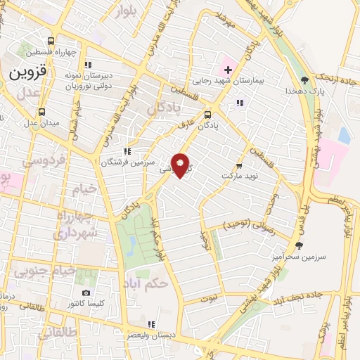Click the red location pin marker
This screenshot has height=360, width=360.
click(181, 165)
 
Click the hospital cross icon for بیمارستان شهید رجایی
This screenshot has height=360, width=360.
click(229, 70)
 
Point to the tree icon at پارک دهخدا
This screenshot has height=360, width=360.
click(304, 80)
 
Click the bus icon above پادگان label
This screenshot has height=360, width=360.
click(208, 115)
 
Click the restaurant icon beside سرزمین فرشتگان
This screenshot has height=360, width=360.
click(127, 150)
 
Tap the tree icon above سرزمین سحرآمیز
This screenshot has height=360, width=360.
click(300, 245)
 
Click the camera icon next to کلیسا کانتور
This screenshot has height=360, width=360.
click(86, 292)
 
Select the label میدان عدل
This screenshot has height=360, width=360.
click(41, 123)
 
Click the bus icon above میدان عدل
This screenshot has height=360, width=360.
click(41, 112)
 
